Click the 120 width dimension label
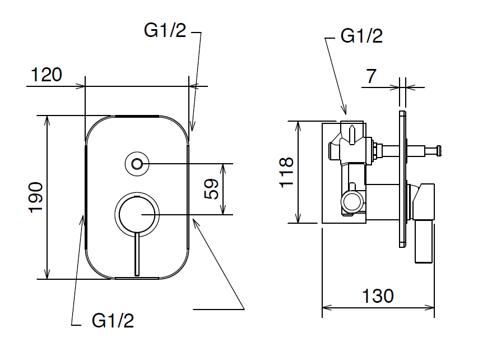tap(47, 75)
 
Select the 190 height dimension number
tap(35, 197)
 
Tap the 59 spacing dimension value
tap(211, 189)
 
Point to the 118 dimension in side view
tap(286, 172)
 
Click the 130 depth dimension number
tap(378, 296)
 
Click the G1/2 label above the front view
tap(165, 30)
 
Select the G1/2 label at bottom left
tap(113, 321)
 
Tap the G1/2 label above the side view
tap(361, 36)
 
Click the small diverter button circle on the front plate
tap(137, 164)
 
